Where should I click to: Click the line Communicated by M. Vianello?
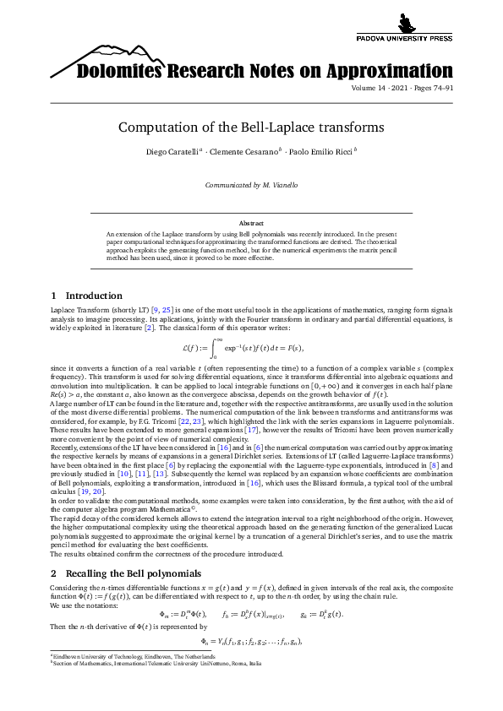pyautogui.click(x=251, y=184)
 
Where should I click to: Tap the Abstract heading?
pyautogui.click(x=251, y=223)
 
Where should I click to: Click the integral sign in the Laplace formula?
pyautogui.click(x=216, y=346)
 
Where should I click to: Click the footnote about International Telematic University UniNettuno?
pyautogui.click(x=157, y=664)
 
